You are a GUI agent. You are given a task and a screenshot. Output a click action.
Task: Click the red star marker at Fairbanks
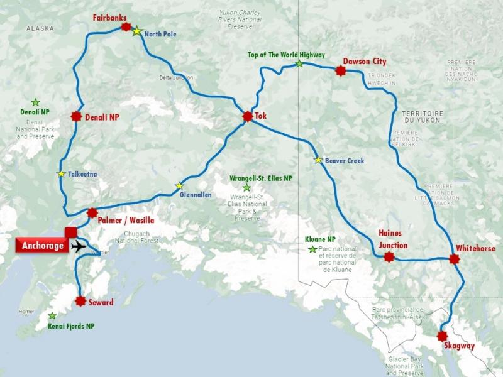pyautogui.click(x=126, y=28)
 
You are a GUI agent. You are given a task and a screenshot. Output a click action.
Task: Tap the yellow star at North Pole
pyautogui.click(x=136, y=31)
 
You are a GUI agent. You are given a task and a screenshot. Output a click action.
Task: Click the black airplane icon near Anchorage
pyautogui.click(x=79, y=246)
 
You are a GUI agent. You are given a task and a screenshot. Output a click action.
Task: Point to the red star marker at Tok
pyautogui.click(x=246, y=116)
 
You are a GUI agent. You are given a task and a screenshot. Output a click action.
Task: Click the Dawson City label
pyautogui.click(x=365, y=62)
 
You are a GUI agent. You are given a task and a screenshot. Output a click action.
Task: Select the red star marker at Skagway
pyautogui.click(x=443, y=336)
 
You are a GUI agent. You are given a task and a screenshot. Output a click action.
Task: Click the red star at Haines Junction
pyautogui.click(x=389, y=256)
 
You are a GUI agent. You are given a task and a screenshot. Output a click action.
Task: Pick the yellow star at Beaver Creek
pyautogui.click(x=318, y=160)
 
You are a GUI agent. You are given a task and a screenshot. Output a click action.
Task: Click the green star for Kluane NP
pyautogui.click(x=312, y=249)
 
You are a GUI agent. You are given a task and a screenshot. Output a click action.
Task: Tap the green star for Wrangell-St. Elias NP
pyautogui.click(x=246, y=187)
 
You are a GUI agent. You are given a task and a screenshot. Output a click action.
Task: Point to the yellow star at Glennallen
pyautogui.click(x=179, y=185)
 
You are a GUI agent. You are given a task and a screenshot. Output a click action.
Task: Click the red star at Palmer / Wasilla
pyautogui.click(x=92, y=213)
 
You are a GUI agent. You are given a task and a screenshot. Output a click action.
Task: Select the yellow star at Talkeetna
pyautogui.click(x=61, y=174)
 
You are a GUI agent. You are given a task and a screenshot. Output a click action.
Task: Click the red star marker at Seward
pyautogui.click(x=80, y=301)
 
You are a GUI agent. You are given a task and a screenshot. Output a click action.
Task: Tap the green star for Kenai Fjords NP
pyautogui.click(x=52, y=315)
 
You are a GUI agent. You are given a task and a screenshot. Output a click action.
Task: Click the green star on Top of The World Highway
pyautogui.click(x=299, y=63)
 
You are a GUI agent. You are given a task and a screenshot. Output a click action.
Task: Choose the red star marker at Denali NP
pyautogui.click(x=77, y=116)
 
